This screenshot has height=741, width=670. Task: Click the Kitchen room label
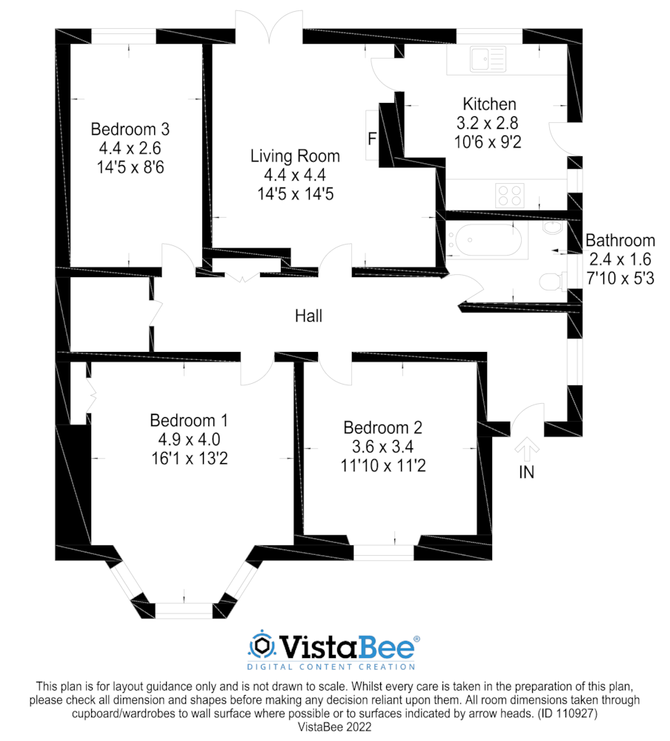[489, 104]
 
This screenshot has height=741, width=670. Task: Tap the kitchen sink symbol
[488, 59]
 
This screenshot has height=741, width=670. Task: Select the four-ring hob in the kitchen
[510, 195]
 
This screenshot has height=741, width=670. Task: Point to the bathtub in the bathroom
[487, 239]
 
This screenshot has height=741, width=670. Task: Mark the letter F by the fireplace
[372, 139]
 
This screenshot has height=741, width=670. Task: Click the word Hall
[308, 316]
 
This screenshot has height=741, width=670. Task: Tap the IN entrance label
[526, 472]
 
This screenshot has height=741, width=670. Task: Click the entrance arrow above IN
[527, 449]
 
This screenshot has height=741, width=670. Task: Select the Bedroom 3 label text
[130, 129]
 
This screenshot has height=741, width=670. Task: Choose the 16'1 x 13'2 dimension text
[190, 459]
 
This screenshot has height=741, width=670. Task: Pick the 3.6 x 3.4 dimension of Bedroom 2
[382, 447]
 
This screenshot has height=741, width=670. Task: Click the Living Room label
[295, 156]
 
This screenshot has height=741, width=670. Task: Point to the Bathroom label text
[620, 241]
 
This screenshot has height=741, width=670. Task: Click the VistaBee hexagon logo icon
[262, 645]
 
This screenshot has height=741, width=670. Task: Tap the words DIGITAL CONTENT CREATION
[331, 667]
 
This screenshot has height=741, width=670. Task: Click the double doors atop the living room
[269, 27]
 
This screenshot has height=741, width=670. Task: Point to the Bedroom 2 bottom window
[383, 553]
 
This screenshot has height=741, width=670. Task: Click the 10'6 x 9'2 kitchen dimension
[488, 142]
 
